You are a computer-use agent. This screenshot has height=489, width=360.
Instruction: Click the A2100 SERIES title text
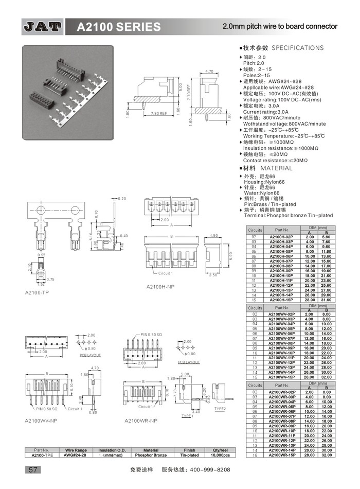click(x=118, y=27)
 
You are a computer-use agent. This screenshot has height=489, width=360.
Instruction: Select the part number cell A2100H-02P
click(x=281, y=237)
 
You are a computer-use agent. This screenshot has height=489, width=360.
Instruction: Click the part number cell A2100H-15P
click(x=281, y=299)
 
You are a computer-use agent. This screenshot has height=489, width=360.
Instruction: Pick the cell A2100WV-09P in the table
click(x=281, y=348)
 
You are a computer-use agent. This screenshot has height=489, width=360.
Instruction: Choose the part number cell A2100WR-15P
click(x=281, y=455)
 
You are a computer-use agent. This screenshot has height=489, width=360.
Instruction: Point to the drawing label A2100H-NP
click(x=160, y=286)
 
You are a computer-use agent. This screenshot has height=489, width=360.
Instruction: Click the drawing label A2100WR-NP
click(x=141, y=421)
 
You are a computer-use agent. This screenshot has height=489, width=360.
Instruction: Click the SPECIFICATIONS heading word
click(x=297, y=48)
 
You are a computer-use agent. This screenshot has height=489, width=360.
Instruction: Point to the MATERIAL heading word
click(x=276, y=168)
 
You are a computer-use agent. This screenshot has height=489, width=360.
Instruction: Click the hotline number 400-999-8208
click(x=211, y=470)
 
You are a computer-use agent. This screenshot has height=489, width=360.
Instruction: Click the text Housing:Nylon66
click(x=264, y=182)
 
